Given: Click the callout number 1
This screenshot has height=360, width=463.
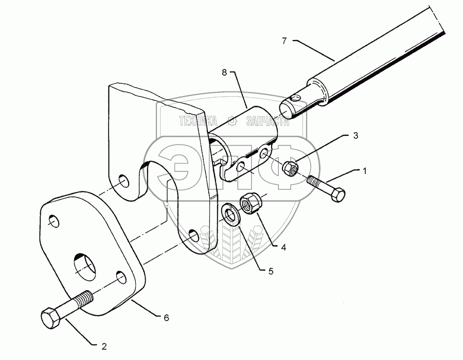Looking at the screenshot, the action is tap(365, 170).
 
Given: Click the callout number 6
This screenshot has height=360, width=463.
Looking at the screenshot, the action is tap(166, 318).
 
